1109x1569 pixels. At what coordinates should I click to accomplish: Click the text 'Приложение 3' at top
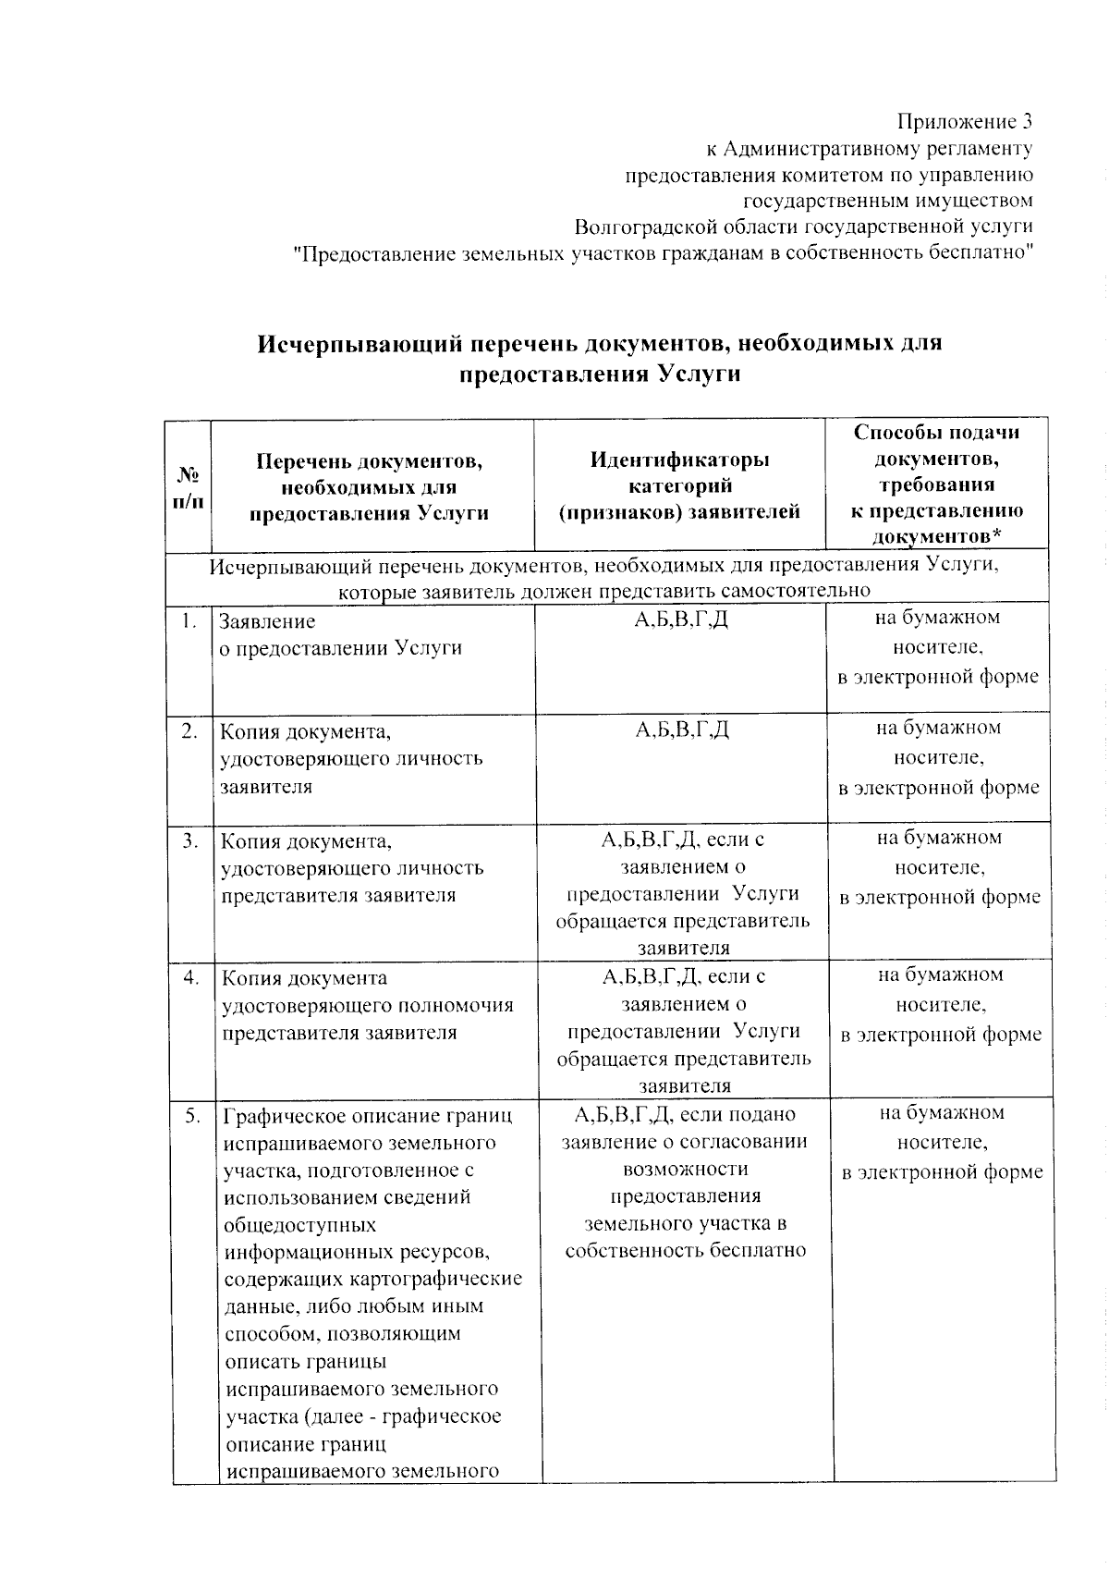(x=964, y=121)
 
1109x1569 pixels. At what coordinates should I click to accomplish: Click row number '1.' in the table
(x=189, y=620)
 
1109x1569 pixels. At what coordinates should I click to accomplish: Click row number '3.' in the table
(x=190, y=840)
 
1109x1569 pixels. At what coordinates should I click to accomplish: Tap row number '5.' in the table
(x=192, y=1116)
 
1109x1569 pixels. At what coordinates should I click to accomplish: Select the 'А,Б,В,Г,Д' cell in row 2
(x=681, y=729)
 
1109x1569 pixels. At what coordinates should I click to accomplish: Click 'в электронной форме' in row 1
(x=937, y=677)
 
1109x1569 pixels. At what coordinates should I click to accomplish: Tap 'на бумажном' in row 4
(x=939, y=974)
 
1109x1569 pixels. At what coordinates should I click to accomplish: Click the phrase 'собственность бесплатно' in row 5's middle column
(x=685, y=1251)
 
